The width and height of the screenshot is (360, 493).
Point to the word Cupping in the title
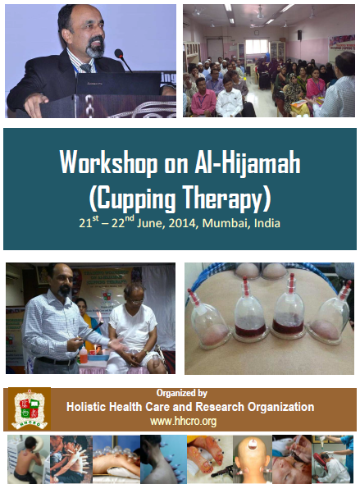[144, 197]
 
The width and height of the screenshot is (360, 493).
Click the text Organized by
[181, 393]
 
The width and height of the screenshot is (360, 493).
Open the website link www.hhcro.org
[181, 421]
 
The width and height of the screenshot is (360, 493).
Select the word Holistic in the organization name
[88, 407]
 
